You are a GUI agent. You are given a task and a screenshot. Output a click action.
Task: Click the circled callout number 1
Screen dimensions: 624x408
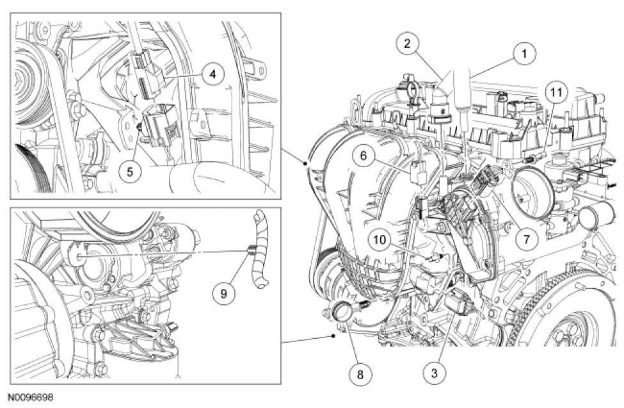tap(525, 54)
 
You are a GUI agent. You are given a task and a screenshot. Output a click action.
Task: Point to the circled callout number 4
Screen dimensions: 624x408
tap(212, 74)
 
